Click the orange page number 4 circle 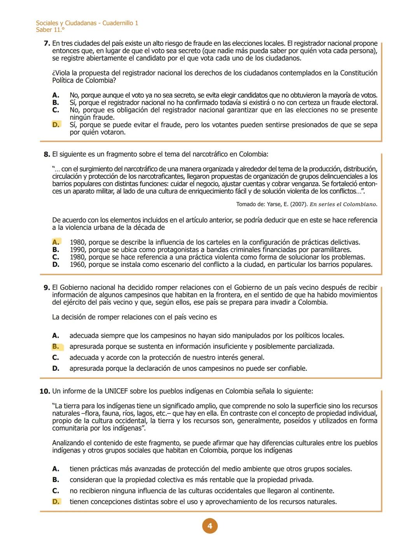click(210, 526)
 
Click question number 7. click(47, 44)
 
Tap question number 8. click(47, 154)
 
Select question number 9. click(47, 288)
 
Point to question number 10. click(45, 391)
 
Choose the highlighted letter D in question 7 click(56, 125)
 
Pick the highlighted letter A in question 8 click(56, 242)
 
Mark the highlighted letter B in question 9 click(56, 346)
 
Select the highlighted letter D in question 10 click(56, 501)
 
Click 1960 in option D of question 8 click(77, 265)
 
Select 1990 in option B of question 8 click(77, 250)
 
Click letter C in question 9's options click(56, 357)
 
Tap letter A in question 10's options click(56, 469)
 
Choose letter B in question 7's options click(56, 103)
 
